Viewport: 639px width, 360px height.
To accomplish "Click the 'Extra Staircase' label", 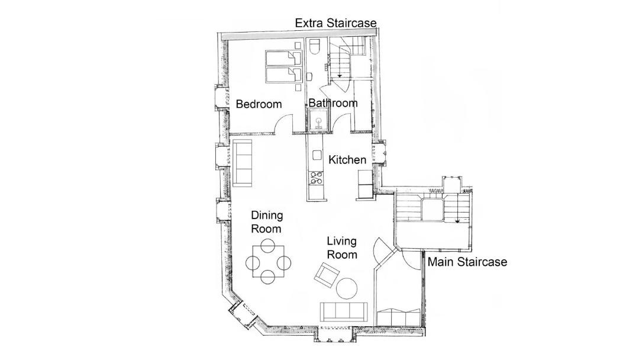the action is pos(335,23).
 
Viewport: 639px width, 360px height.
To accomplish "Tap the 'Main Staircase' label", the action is pos(467,262).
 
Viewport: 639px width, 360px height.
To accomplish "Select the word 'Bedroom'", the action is pos(259,104).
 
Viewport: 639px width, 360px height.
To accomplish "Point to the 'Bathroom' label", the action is pos(333,103).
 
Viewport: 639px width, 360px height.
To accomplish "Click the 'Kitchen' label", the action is pos(347,160).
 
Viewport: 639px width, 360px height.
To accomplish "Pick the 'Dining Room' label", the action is pos(266,222).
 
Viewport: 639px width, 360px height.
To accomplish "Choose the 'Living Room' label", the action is pos(342,247).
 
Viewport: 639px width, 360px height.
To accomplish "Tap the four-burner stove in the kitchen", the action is pos(316,178).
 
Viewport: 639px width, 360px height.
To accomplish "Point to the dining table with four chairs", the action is pos(268,261).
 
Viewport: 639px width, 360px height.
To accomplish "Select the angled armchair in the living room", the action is pos(327,275).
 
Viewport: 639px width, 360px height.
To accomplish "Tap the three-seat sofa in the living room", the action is pos(344,311).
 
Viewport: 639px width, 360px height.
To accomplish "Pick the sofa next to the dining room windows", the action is pos(242,163).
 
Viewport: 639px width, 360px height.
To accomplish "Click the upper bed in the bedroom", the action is pos(284,58).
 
